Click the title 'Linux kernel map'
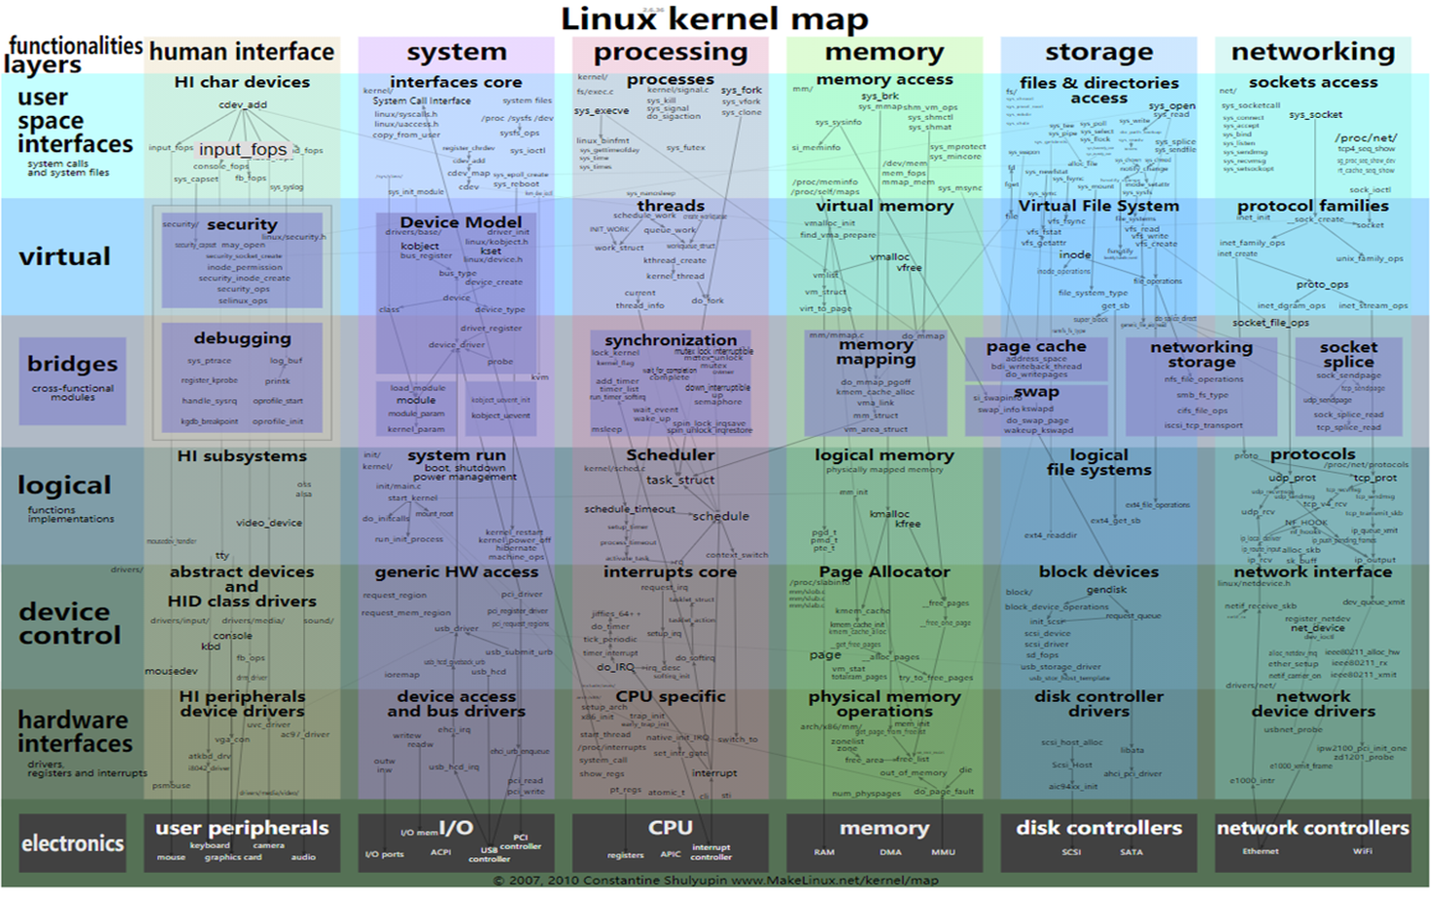[x=715, y=19]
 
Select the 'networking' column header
[x=1312, y=52]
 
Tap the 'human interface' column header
[x=242, y=52]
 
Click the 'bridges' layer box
[x=72, y=379]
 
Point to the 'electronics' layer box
[x=72, y=843]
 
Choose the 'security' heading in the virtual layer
[x=242, y=224]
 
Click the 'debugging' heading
[x=242, y=338]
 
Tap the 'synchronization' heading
[x=671, y=340]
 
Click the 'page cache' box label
[x=1035, y=347]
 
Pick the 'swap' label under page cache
[x=1035, y=392]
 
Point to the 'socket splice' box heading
[x=1348, y=354]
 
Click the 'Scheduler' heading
[x=671, y=455]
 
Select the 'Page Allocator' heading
[x=884, y=572]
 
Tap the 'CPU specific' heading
[x=671, y=697]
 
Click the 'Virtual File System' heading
[x=1099, y=206]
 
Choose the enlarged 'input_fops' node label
[x=243, y=149]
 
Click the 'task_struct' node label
[x=680, y=480]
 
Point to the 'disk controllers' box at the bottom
[x=1099, y=842]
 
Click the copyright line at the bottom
[x=715, y=881]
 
